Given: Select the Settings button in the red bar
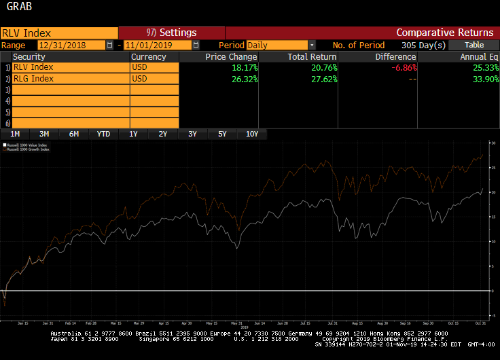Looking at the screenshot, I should pos(172,33).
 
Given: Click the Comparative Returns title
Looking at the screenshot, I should pos(444,33).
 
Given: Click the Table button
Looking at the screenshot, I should pos(474,45).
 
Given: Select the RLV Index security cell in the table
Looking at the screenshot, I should pos(71,68).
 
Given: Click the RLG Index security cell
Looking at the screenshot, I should pos(71,79).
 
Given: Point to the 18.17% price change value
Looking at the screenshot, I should pos(243,68).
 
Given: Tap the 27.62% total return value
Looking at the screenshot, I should pos(323,79).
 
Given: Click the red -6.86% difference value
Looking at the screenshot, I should pos(403,68).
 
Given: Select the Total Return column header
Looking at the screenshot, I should pos(311,57).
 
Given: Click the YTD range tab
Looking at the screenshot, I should pos(103,134).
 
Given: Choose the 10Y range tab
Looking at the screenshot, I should pos(252,134).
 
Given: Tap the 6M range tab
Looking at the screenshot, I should pos(74,134).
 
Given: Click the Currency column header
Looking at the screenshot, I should pos(148,57).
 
